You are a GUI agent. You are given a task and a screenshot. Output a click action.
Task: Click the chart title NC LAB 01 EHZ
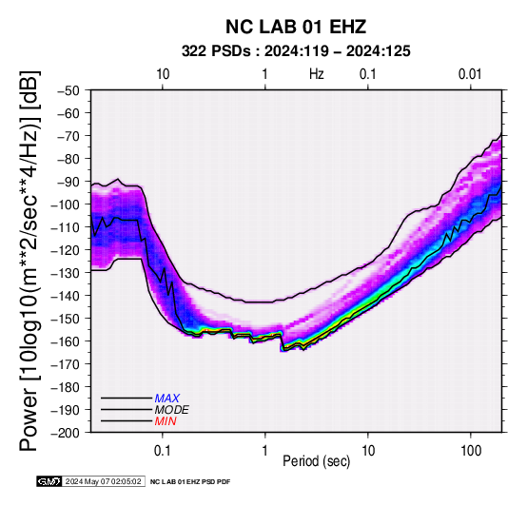(x=296, y=27)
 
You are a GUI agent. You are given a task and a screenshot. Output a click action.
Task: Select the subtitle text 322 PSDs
(x=216, y=51)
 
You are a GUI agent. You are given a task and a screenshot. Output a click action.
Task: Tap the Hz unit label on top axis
(x=316, y=74)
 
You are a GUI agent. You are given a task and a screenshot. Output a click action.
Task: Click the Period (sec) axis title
(x=316, y=461)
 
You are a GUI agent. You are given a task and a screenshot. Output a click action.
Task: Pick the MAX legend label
(x=167, y=399)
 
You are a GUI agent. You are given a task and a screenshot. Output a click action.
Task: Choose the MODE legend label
(x=172, y=410)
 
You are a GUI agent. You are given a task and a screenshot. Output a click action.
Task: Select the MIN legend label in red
(x=166, y=421)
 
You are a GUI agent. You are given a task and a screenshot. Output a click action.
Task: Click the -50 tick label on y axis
(x=68, y=90)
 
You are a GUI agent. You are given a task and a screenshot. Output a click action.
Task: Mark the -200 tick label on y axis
(x=66, y=433)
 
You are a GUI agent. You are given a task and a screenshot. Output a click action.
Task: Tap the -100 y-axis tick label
(x=66, y=204)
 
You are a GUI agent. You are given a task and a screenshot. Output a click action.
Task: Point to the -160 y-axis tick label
(x=66, y=341)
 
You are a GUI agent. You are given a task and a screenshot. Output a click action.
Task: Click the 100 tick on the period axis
(x=471, y=451)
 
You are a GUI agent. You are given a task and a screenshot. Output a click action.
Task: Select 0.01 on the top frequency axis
(x=470, y=74)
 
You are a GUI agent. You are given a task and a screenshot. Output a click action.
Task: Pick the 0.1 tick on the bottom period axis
(x=163, y=451)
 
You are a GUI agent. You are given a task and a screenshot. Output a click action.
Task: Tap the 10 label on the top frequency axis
(x=163, y=74)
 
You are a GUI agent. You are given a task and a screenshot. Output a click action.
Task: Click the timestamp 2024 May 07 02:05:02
(x=103, y=481)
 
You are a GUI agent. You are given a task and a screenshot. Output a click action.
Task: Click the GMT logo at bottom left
(x=49, y=481)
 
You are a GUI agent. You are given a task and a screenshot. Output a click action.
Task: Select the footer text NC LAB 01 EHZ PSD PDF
(x=190, y=482)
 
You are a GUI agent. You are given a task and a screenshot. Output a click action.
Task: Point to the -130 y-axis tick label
(x=66, y=273)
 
